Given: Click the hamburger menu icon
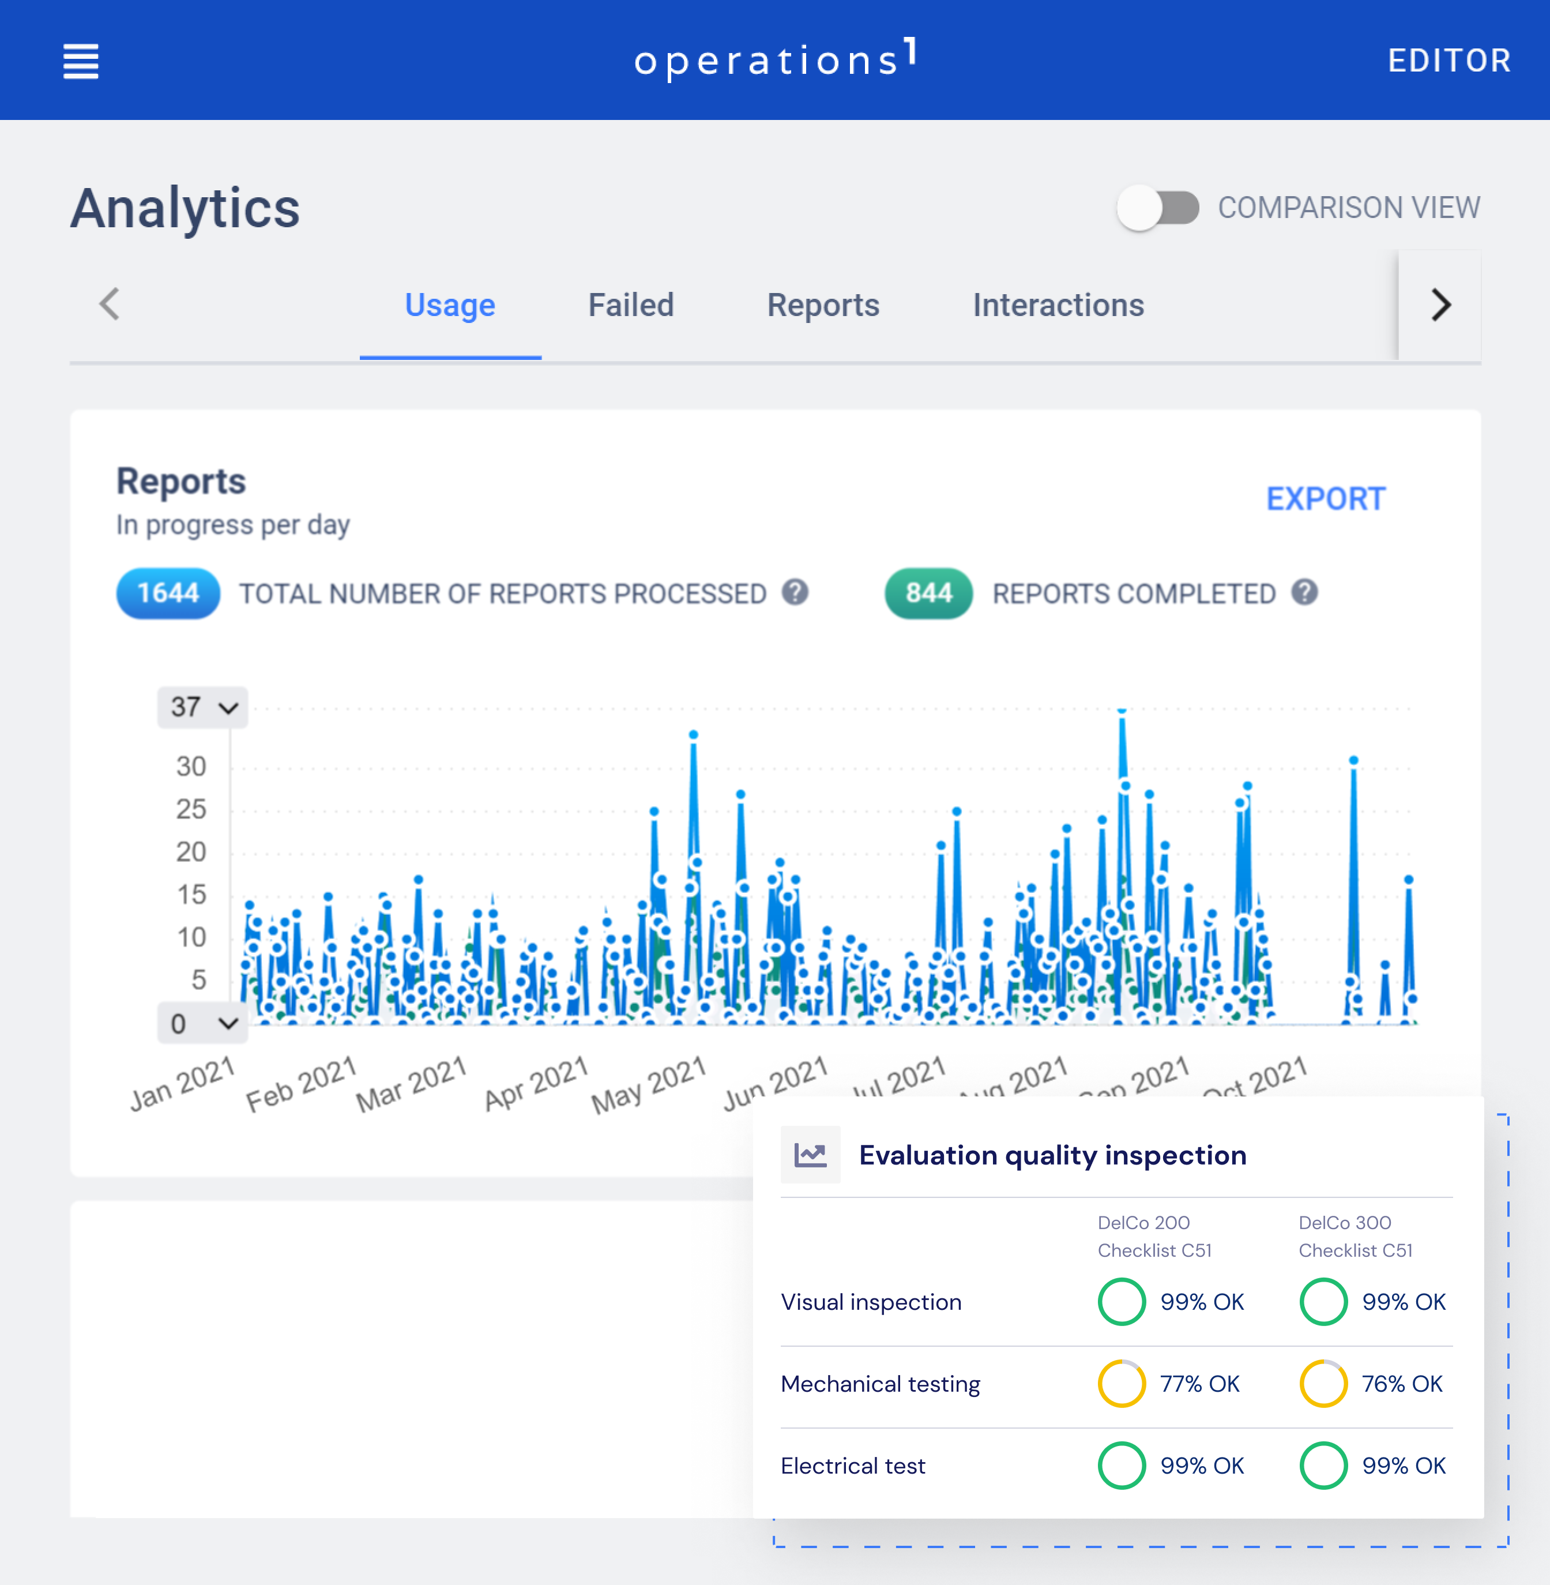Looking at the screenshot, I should [81, 61].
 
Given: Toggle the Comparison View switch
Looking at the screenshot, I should [1158, 208].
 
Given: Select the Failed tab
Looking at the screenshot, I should [631, 305].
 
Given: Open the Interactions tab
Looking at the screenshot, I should [1058, 305].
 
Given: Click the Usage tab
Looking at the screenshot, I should [450, 305].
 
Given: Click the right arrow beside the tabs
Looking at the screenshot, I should [1440, 305].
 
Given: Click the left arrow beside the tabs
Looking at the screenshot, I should [110, 305].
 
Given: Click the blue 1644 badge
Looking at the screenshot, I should [168, 593].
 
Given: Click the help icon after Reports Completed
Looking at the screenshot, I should [1304, 592].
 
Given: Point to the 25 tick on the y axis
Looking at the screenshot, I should [191, 809].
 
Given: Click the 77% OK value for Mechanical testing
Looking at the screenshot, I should [1199, 1384].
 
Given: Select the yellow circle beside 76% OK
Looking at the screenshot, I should [1323, 1384].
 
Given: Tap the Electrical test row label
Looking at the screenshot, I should [852, 1466].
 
